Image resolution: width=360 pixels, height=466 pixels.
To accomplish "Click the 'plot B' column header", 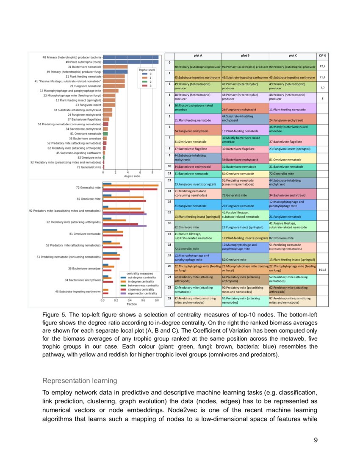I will tap(245, 55).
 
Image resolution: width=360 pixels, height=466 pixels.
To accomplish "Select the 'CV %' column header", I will tap(322, 55).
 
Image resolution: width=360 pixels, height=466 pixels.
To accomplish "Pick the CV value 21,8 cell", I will tap(322, 77).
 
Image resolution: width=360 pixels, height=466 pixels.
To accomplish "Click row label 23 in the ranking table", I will tap(169, 298).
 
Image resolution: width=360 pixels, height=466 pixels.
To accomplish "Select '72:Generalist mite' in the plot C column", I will tap(282, 174).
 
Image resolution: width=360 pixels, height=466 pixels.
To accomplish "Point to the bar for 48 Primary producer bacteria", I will tap(131, 57).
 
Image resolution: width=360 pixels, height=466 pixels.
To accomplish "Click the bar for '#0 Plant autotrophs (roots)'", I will tap(131, 62).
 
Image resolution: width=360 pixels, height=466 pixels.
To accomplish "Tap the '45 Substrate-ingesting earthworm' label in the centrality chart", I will tap(78, 291).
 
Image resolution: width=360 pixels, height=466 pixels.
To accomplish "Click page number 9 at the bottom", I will tap(316, 440).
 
